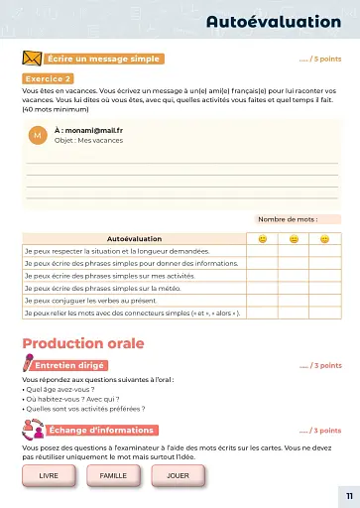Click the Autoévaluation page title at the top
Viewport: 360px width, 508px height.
273,21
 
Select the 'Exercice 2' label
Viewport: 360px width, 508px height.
47,78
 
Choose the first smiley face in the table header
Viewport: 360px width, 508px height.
263,239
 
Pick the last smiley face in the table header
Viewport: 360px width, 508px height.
324,239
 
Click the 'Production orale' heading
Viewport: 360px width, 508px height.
83,344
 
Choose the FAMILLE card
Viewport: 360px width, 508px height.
113,476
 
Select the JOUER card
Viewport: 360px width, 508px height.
178,476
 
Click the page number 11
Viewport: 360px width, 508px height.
348,495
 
